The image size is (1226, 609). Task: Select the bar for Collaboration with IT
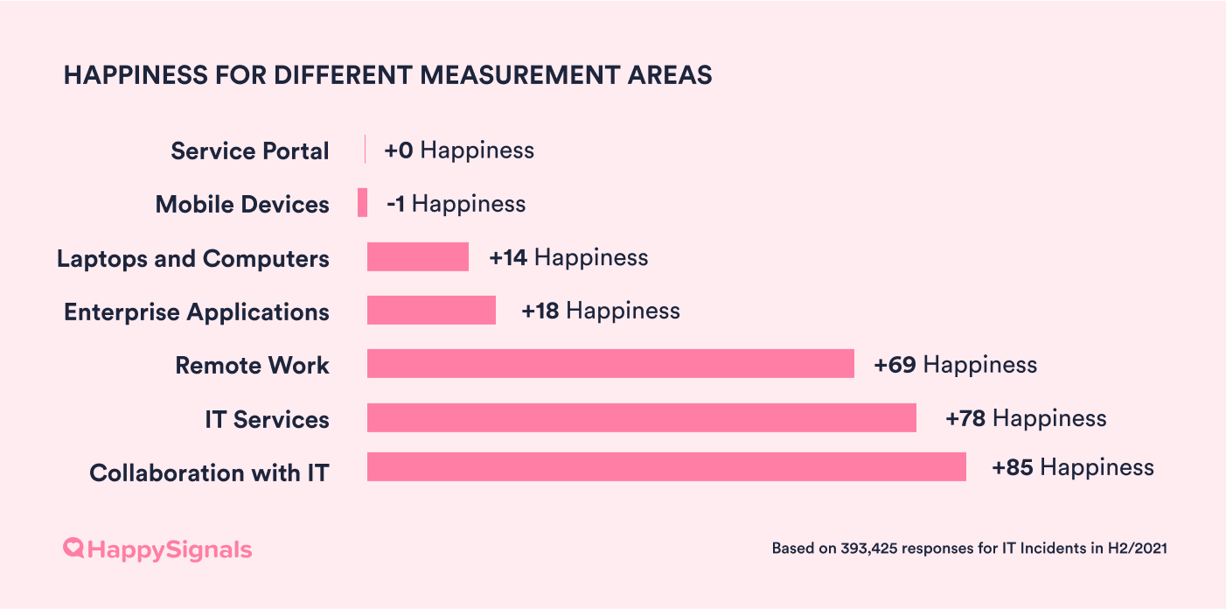(666, 467)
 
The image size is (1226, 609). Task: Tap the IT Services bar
(641, 418)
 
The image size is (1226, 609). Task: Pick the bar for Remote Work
(610, 364)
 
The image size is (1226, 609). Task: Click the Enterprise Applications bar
(431, 311)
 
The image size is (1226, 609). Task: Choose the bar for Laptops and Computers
(418, 257)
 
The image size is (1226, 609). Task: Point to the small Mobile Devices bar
(362, 203)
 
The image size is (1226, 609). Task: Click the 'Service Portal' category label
(250, 151)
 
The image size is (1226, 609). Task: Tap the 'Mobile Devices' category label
(242, 205)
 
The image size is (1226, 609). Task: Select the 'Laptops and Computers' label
(193, 259)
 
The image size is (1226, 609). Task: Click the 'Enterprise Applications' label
(197, 312)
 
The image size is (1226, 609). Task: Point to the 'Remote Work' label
(252, 366)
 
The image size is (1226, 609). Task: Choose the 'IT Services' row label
(267, 420)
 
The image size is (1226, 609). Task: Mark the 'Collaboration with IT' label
(209, 473)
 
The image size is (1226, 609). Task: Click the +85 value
(1013, 468)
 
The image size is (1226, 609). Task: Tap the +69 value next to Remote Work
(895, 365)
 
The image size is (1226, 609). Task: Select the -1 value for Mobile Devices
(395, 205)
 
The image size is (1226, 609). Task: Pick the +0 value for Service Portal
(398, 150)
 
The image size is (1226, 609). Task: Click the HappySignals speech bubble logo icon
(73, 549)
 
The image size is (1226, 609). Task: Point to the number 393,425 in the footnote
(868, 549)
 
